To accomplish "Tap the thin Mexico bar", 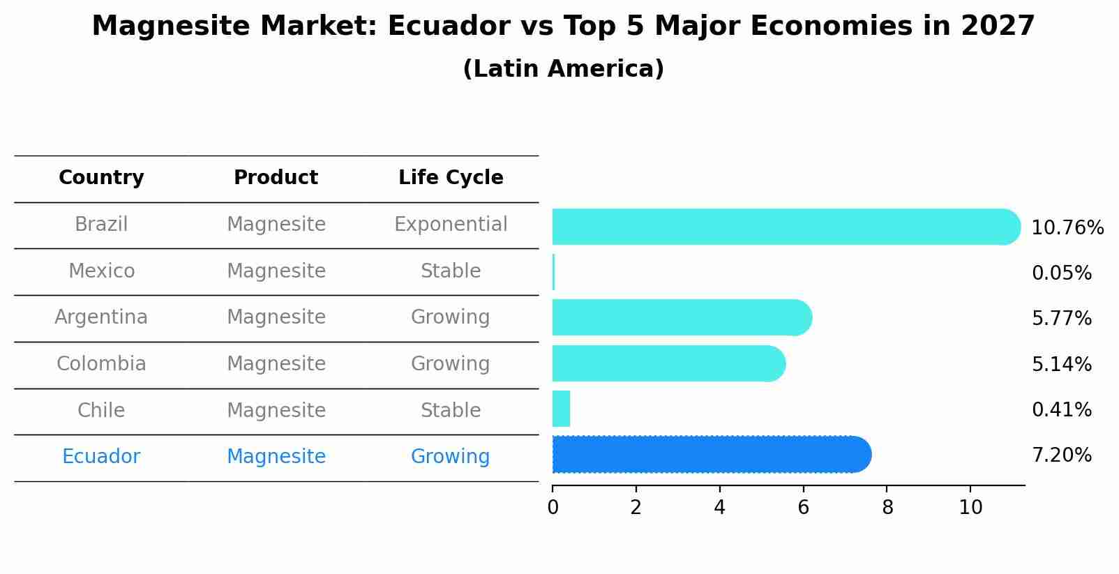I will click(x=554, y=272).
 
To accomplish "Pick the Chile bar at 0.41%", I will click(x=561, y=409).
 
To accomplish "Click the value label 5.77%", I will click(x=1061, y=319).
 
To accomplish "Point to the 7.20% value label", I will click(x=1061, y=455).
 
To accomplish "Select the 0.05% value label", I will click(x=1061, y=273).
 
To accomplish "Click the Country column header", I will click(x=101, y=178).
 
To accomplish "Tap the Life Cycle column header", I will click(x=451, y=178).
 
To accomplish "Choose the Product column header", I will click(x=276, y=178).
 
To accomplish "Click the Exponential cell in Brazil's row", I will click(x=451, y=225).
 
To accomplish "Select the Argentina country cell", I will click(x=101, y=317).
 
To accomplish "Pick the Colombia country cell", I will click(x=101, y=364).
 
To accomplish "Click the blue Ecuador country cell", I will click(x=101, y=457).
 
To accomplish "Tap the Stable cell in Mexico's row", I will click(x=451, y=271).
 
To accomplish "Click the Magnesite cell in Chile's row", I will click(x=276, y=411).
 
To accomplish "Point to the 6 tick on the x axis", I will click(x=803, y=507).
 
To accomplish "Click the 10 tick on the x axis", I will click(x=970, y=507).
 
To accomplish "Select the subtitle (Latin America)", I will click(x=563, y=69).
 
